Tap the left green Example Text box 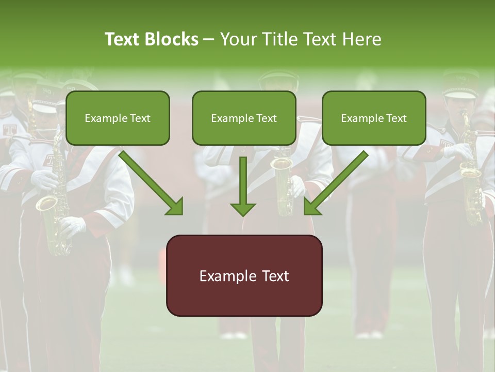[x=118, y=118]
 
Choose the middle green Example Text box [x=244, y=118]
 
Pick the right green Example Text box [x=374, y=118]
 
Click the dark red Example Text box [x=244, y=275]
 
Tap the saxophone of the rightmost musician [x=470, y=171]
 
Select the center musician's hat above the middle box [x=278, y=80]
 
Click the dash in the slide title [x=209, y=40]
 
